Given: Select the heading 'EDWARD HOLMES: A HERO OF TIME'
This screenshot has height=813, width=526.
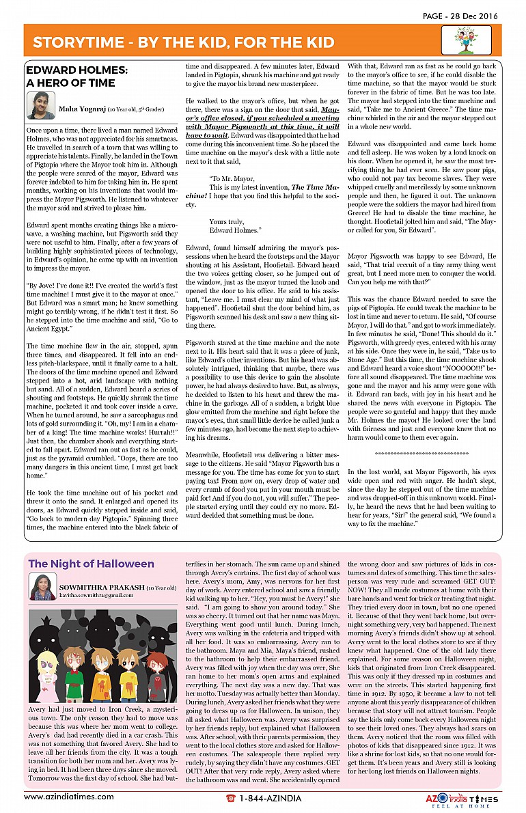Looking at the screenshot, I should pyautogui.click(x=76, y=76).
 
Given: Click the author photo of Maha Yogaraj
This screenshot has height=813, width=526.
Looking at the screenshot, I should pyautogui.click(x=40, y=106).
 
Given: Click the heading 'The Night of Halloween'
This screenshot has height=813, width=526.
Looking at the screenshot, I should pyautogui.click(x=91, y=564).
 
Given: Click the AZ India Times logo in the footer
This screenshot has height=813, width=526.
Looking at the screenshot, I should pyautogui.click(x=458, y=798).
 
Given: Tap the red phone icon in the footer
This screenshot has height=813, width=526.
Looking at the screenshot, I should pyautogui.click(x=231, y=797).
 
